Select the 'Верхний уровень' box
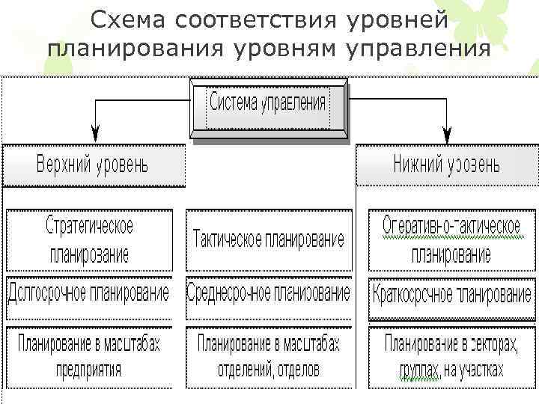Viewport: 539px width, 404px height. point(94,165)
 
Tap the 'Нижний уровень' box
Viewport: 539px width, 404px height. point(446,165)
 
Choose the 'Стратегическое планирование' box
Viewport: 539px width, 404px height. point(89,239)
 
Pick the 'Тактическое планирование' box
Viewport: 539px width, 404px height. point(269,239)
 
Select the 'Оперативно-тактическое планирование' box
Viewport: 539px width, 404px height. point(451,239)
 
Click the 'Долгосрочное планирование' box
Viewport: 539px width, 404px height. point(89,292)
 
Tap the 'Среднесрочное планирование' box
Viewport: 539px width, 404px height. point(269,292)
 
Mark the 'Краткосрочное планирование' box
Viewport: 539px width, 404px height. point(451,293)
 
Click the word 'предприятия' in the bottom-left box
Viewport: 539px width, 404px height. point(89,370)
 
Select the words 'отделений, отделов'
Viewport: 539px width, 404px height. point(269,370)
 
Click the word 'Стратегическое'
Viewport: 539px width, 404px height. point(89,226)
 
